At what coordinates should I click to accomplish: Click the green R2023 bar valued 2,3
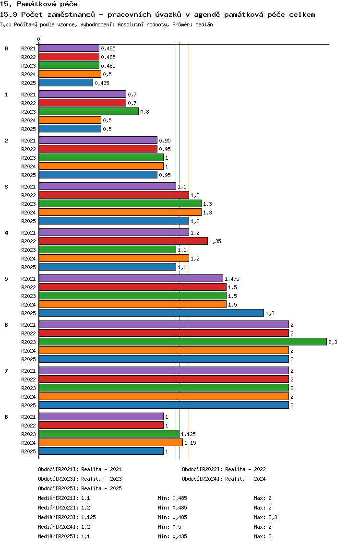pos(183,342)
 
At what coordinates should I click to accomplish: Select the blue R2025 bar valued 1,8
pos(151,313)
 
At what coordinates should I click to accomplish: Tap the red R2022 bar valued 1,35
pos(123,241)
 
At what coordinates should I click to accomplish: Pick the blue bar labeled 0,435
pos(66,83)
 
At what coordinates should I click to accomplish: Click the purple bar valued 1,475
pos(131,278)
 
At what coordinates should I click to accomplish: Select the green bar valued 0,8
pos(89,112)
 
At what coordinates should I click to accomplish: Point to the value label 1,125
pos(188,434)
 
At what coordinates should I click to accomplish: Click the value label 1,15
pos(190,443)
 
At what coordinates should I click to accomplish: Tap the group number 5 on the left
pos(6,279)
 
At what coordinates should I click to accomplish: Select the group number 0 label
pos(6,48)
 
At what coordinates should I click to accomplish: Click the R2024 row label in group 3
pos(28,213)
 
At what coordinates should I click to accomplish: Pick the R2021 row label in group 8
pos(28,417)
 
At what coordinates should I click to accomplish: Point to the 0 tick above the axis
pos(38,39)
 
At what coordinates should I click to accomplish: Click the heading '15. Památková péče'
pos(38,4)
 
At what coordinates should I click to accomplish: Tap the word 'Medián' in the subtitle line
pos(204,24)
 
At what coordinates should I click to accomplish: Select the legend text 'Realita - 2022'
pos(246,469)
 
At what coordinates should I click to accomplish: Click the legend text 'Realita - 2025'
pos(102,488)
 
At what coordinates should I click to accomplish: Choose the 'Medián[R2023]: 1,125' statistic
pos(67,517)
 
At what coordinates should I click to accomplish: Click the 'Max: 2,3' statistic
pos(266,517)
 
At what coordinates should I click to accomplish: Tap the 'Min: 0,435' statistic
pos(172,536)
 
